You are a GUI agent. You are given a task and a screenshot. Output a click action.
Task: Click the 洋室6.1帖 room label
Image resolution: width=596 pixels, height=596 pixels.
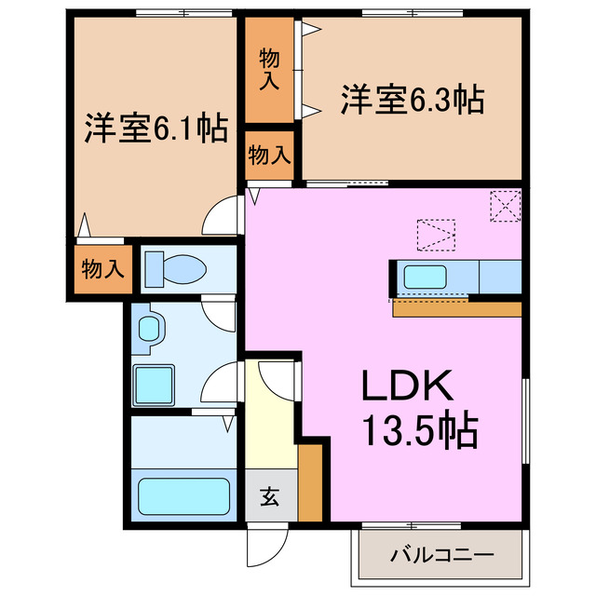tap(156, 129)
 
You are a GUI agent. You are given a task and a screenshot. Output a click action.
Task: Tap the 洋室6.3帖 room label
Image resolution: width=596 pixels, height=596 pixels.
tap(413, 99)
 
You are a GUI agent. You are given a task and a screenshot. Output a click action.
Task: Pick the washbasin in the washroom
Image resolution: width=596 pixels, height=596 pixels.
tap(150, 329)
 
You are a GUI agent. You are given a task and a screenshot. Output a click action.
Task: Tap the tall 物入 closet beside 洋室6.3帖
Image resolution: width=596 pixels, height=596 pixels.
tap(269, 70)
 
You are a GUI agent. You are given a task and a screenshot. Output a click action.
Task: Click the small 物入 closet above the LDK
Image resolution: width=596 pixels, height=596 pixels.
tap(269, 155)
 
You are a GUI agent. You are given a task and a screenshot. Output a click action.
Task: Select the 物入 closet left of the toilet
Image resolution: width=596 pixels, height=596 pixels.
tap(102, 269)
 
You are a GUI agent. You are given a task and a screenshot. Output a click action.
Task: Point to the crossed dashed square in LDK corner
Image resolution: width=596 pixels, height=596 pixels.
tap(505, 206)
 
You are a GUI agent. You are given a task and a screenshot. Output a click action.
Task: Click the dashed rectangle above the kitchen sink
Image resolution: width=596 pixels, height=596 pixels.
tap(436, 234)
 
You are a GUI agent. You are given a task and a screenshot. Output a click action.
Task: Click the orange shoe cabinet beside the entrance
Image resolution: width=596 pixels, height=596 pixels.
tap(311, 482)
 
